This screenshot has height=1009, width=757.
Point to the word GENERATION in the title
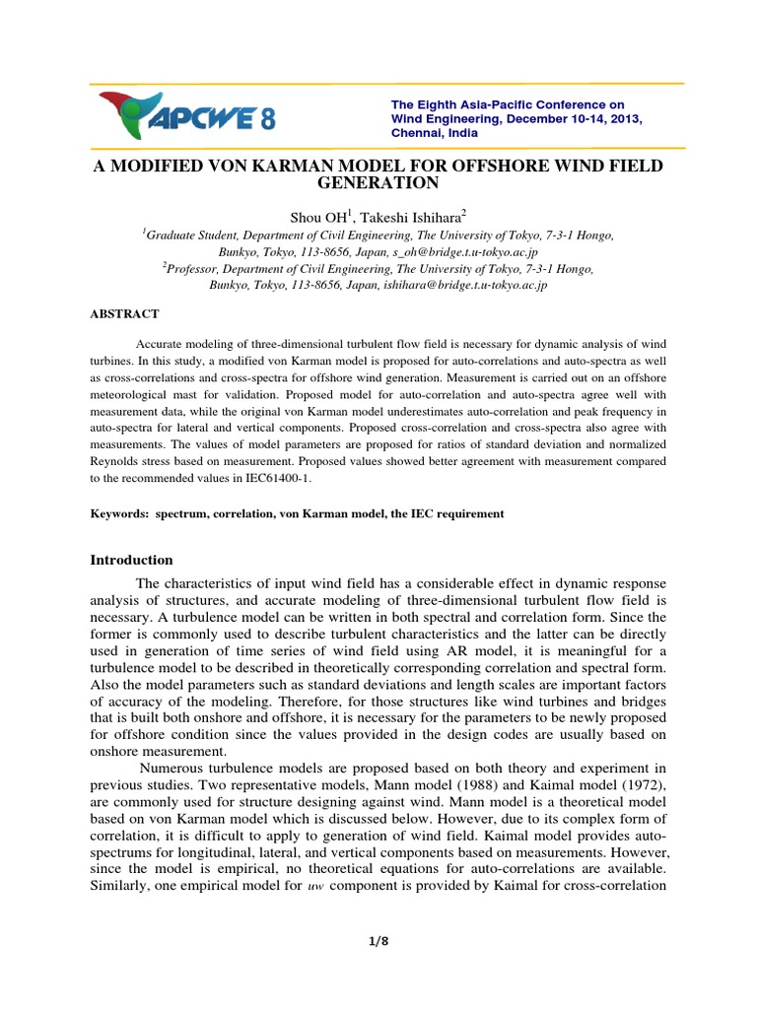pyautogui.click(x=378, y=183)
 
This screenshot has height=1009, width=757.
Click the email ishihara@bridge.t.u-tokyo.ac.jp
pyautogui.click(x=454, y=284)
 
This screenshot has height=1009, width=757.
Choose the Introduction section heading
pyautogui.click(x=132, y=560)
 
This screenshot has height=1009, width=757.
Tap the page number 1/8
pyautogui.click(x=378, y=941)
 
